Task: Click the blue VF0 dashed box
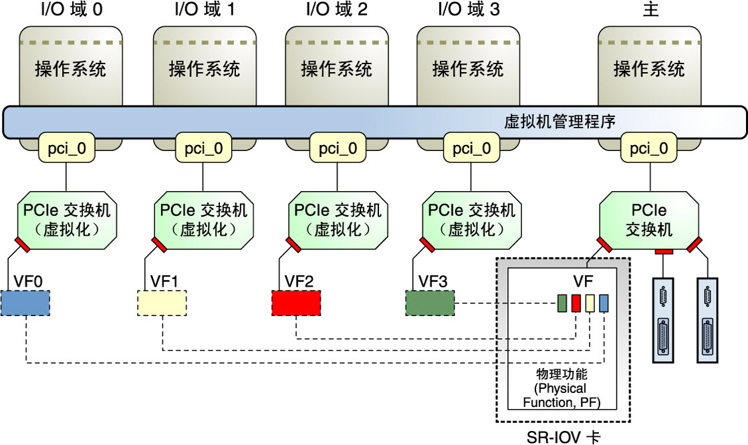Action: pyautogui.click(x=25, y=303)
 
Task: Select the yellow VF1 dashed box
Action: pyautogui.click(x=162, y=303)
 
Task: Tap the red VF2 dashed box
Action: pyautogui.click(x=296, y=303)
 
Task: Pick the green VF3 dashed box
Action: pyautogui.click(x=430, y=303)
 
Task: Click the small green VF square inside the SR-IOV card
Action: pyautogui.click(x=562, y=303)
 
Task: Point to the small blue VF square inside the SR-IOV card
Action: pyautogui.click(x=604, y=303)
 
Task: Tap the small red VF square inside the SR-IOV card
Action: pyautogui.click(x=576, y=303)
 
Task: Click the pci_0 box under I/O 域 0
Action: pyautogui.click(x=67, y=148)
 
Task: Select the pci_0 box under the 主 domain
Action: pyautogui.click(x=649, y=148)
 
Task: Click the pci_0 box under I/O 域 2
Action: pyautogui.click(x=338, y=148)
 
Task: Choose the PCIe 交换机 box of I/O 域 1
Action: pyautogui.click(x=203, y=220)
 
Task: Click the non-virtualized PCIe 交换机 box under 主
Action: pyautogui.click(x=649, y=220)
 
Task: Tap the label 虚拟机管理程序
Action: pyautogui.click(x=560, y=122)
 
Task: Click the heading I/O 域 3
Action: pyautogui.click(x=469, y=9)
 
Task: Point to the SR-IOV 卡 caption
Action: pyautogui.click(x=564, y=436)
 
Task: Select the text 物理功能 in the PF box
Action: pyautogui.click(x=562, y=374)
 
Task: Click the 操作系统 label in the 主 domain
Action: pyautogui.click(x=649, y=69)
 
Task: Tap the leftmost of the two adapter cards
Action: pyautogui.click(x=663, y=320)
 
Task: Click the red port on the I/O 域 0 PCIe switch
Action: pyautogui.click(x=22, y=244)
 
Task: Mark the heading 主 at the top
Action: pyautogui.click(x=650, y=9)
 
